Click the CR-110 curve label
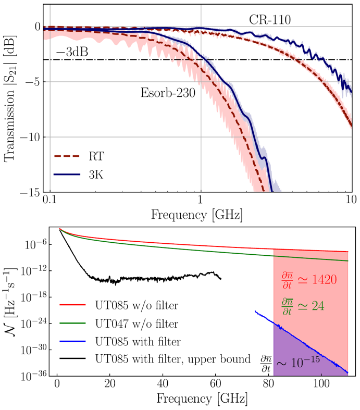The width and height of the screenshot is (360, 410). tap(269, 20)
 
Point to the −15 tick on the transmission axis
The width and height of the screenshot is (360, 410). tap(28, 193)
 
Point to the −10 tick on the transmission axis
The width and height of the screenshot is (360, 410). tap(28, 137)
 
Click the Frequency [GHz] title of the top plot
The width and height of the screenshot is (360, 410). tap(201, 214)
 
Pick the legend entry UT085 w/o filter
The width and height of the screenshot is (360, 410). tap(136, 306)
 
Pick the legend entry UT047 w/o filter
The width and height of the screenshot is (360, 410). tap(136, 324)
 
